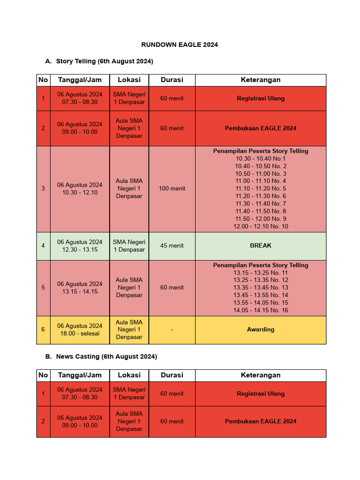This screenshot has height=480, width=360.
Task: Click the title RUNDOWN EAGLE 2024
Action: [180, 45]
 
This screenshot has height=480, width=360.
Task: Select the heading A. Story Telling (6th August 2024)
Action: [99, 61]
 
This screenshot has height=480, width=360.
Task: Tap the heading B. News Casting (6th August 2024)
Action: [101, 357]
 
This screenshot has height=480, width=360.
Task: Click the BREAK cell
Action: [261, 246]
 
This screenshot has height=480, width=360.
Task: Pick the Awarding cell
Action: [261, 330]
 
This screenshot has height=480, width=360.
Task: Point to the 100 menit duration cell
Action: [172, 188]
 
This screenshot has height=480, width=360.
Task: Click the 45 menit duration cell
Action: [172, 246]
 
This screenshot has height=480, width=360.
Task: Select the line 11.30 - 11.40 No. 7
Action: [261, 204]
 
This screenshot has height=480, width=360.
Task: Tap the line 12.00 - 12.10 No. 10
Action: [261, 226]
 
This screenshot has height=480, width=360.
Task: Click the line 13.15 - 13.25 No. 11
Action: [261, 273]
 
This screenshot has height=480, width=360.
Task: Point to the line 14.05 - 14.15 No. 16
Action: [261, 310]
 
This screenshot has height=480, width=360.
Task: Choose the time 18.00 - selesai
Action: [80, 334]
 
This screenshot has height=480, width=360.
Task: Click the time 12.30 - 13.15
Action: [80, 250]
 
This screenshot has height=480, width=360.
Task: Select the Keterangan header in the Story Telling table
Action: [261, 80]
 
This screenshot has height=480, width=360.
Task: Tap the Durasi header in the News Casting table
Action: [172, 375]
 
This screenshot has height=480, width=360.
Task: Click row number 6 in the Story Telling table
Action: [43, 330]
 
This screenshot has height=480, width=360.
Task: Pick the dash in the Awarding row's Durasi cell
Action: [172, 330]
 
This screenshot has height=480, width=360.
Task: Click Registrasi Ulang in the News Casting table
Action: [261, 394]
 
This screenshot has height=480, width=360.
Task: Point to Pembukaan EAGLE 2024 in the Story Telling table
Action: [261, 128]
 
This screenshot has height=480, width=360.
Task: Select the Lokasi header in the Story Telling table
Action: [129, 80]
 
